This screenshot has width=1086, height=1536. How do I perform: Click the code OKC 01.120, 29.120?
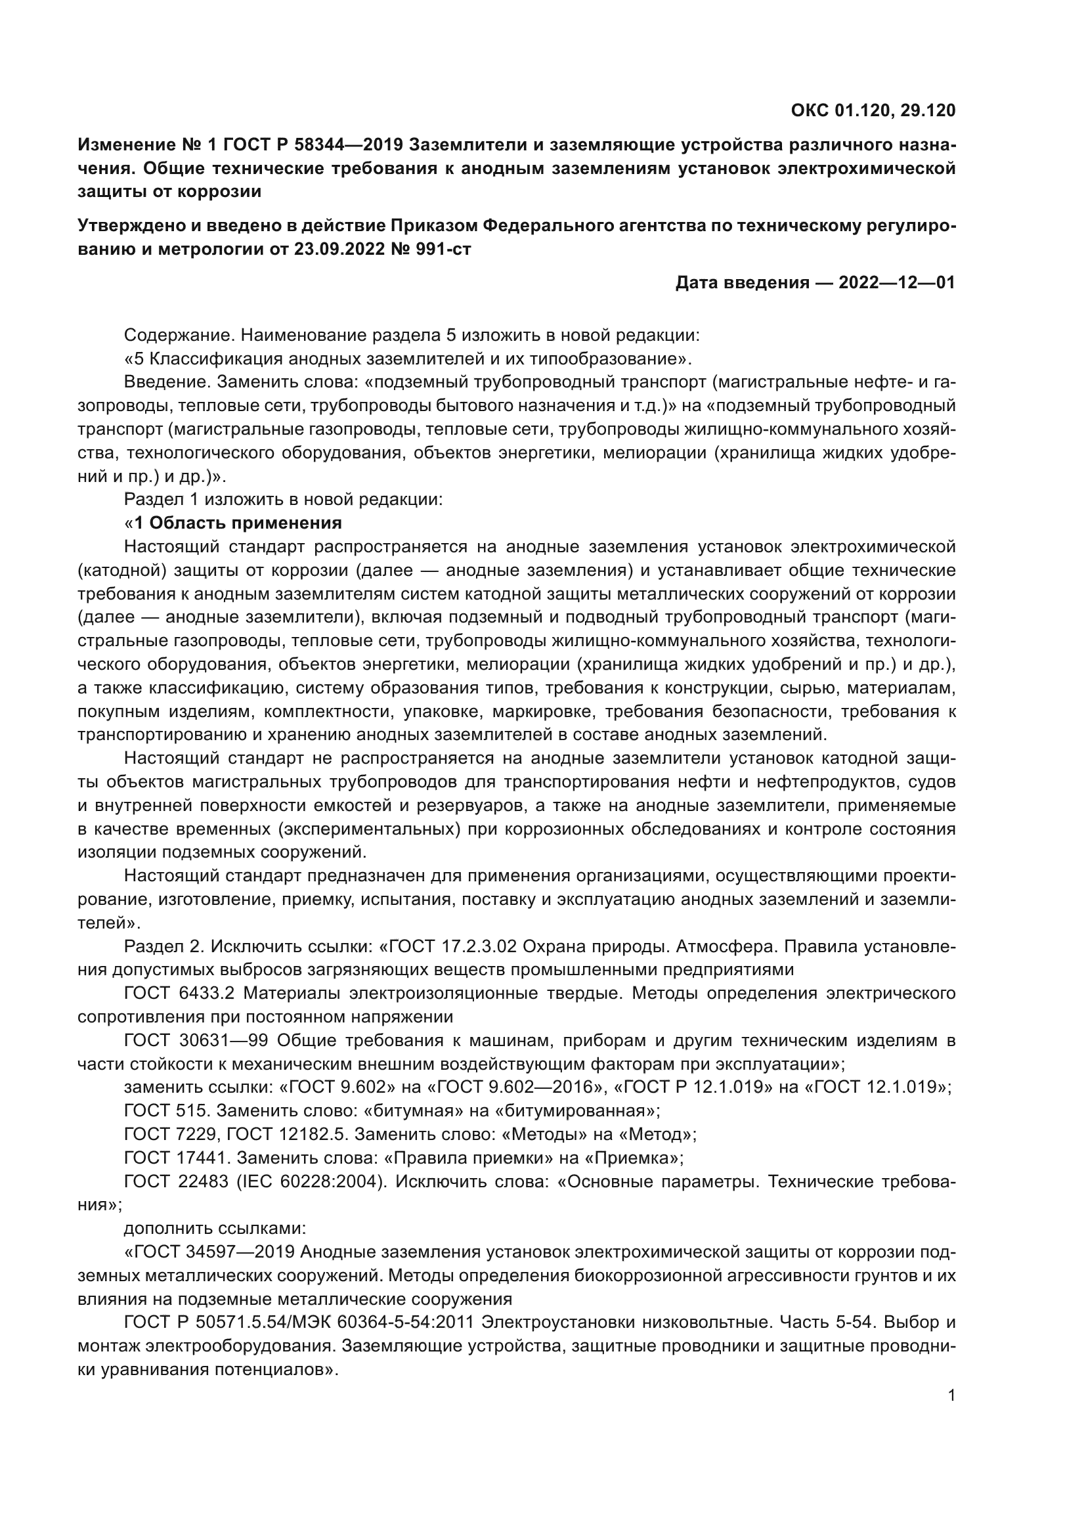(873, 111)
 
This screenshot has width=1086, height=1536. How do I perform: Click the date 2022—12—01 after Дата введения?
(897, 283)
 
